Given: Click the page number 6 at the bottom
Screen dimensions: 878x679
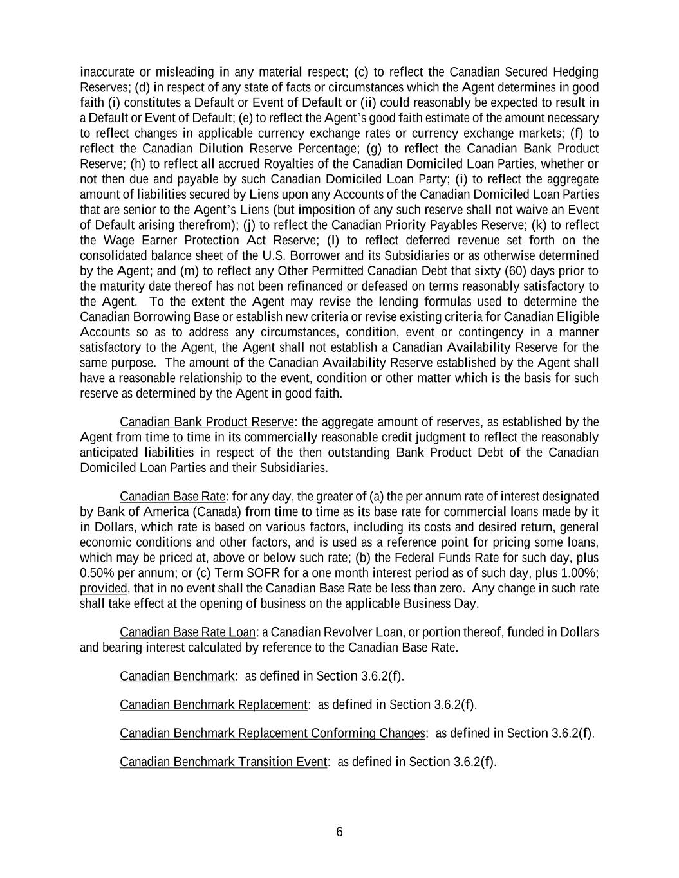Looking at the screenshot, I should point(339,832).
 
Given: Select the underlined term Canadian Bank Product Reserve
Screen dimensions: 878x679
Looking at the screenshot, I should point(207,422).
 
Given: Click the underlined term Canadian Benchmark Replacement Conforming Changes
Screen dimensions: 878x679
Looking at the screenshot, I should point(272,733).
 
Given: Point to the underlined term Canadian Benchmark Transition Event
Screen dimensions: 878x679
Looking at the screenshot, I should point(223,762).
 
